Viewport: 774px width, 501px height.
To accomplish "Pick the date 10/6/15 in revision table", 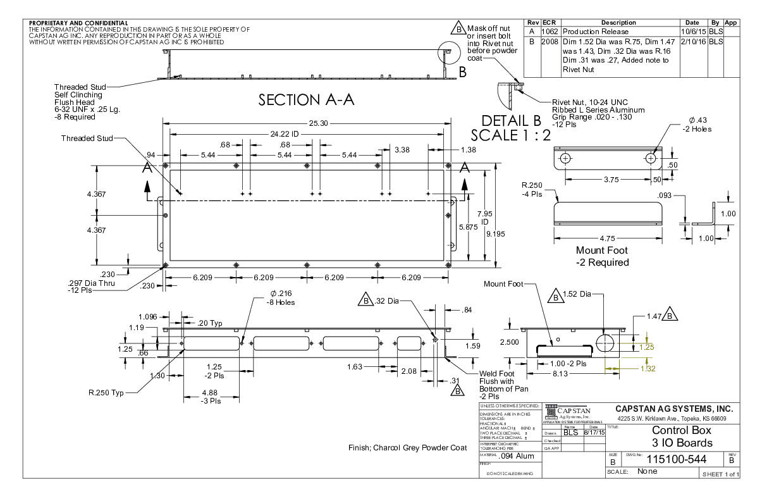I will (x=693, y=32).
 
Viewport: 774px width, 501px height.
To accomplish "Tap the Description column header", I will (x=618, y=23).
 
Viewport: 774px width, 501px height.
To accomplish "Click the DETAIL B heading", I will (x=512, y=121).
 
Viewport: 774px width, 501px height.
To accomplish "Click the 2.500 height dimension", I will (x=510, y=342).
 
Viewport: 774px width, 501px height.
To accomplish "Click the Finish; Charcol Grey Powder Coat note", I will (x=407, y=448).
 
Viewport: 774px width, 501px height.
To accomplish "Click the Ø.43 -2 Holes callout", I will (x=699, y=125).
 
